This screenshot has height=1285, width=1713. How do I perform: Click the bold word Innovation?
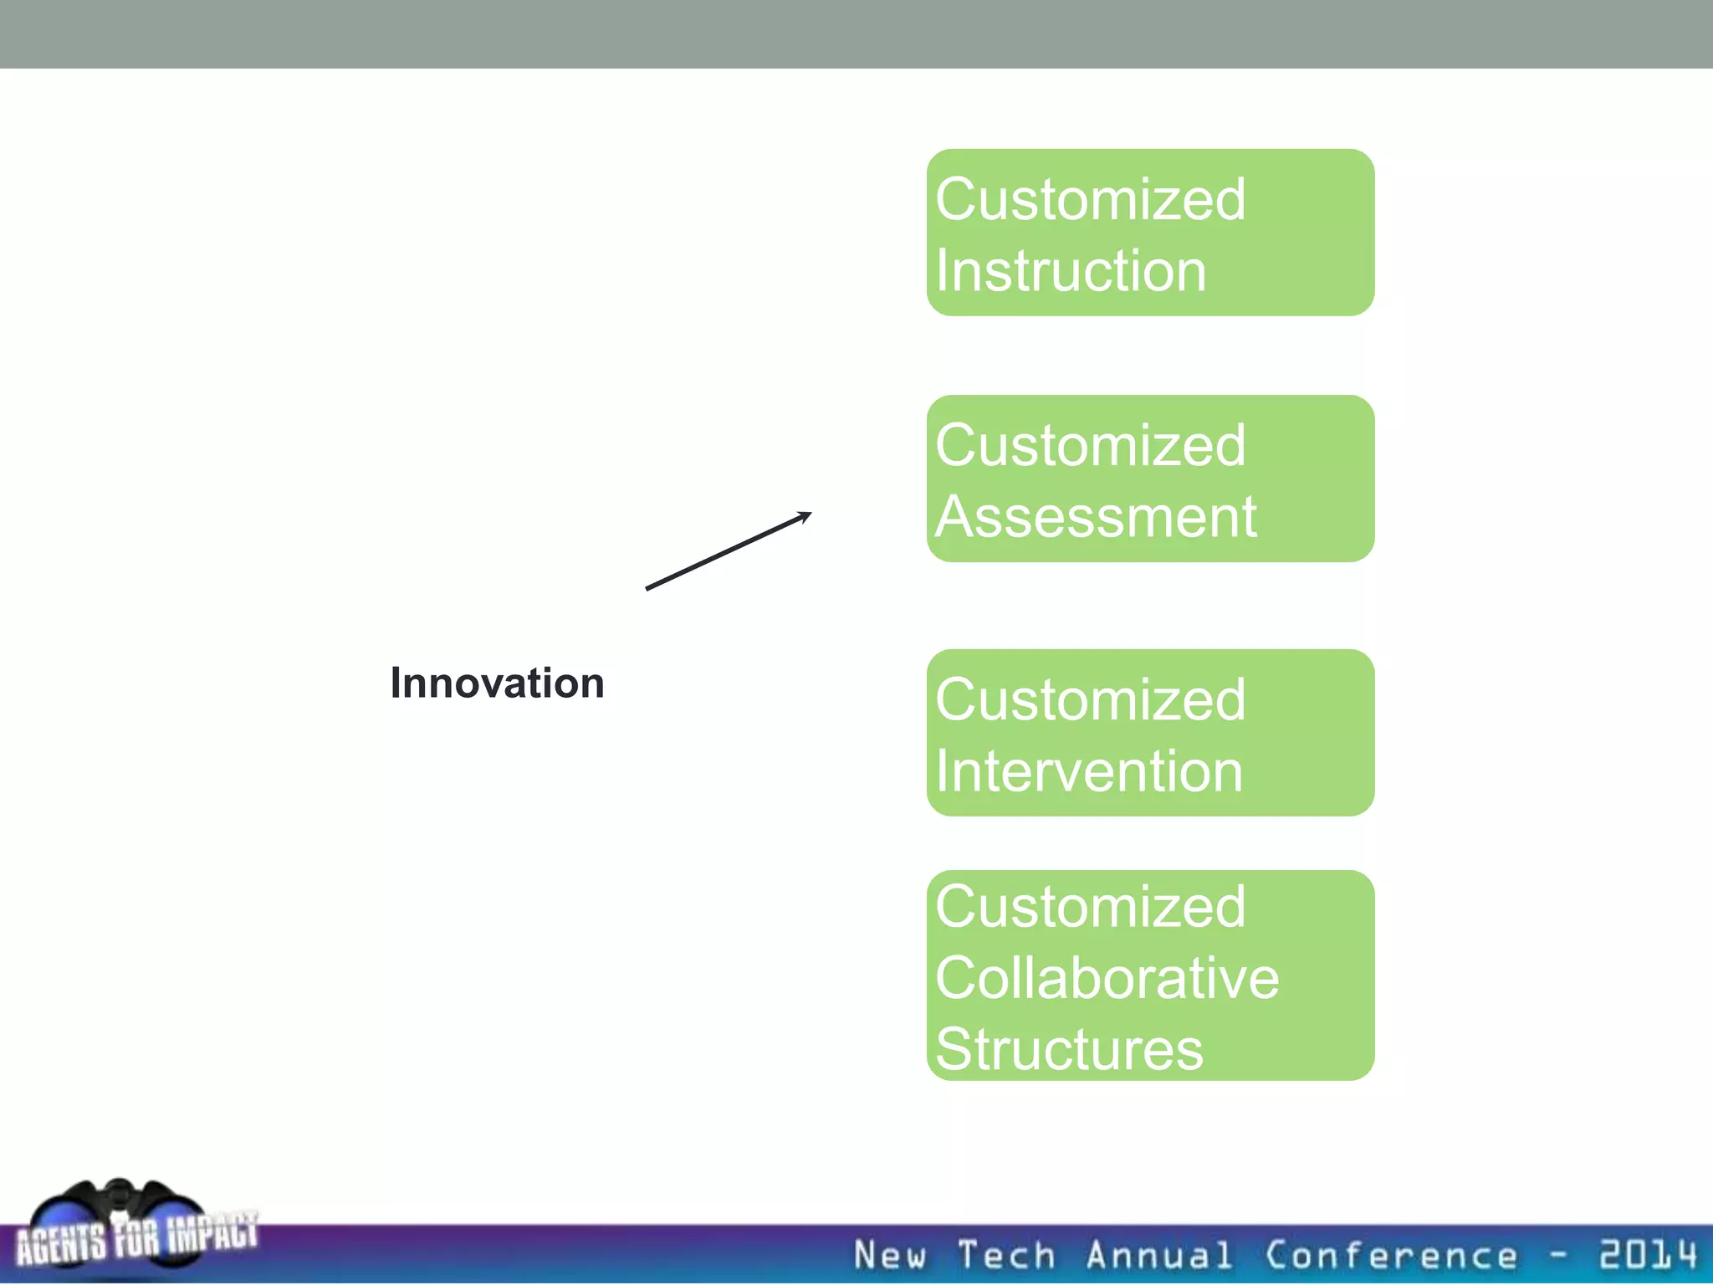pos(497,683)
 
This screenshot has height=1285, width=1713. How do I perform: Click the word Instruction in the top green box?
pos(1071,271)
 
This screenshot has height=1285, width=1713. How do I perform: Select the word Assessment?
pos(1096,517)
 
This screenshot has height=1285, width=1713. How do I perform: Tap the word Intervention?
pos(1089,770)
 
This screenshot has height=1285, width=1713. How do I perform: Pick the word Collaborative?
pos(1107,978)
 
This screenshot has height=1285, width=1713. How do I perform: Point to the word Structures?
pos(1069,1049)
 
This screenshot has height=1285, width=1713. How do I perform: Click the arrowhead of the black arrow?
pos(805,515)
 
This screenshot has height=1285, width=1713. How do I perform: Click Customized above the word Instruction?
pos(1090,200)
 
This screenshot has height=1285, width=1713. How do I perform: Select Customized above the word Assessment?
pos(1090,446)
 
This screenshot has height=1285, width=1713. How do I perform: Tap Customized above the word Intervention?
pos(1090,700)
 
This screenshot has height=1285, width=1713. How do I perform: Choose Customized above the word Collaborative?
pos(1090,907)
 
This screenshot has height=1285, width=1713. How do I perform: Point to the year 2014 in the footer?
pos(1648,1254)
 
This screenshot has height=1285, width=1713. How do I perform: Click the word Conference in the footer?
pos(1391,1256)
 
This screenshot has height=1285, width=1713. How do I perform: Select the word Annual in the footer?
pos(1159,1256)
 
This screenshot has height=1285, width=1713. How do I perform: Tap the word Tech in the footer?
pos(1006,1256)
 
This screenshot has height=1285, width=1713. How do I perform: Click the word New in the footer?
pos(890,1256)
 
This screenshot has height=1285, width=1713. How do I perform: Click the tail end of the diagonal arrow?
pos(649,588)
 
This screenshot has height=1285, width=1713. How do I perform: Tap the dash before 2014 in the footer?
pos(1557,1255)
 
